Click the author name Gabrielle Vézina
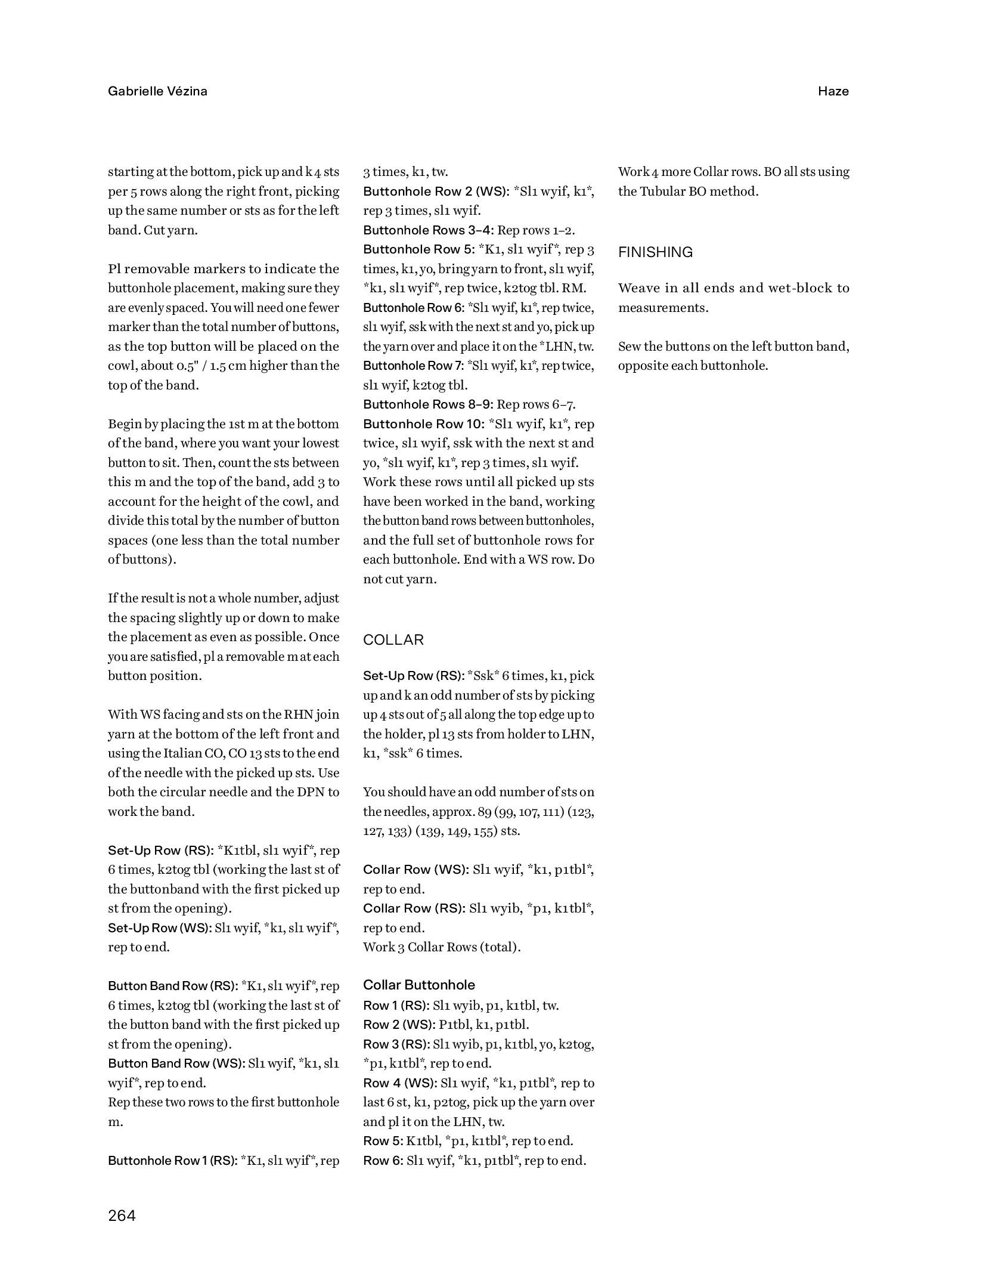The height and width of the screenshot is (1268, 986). tap(157, 91)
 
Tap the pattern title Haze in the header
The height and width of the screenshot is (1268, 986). tap(833, 91)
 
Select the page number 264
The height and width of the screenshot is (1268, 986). tap(122, 1215)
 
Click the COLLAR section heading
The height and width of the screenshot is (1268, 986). tap(393, 640)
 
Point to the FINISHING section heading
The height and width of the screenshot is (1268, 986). tap(655, 252)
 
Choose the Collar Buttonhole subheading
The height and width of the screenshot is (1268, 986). tap(419, 985)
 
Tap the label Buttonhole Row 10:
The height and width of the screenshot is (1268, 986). tap(424, 424)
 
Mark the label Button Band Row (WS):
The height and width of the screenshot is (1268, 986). tap(176, 1063)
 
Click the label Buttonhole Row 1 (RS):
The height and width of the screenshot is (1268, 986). tap(173, 1160)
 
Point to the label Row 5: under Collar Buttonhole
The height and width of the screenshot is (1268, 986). tap(383, 1140)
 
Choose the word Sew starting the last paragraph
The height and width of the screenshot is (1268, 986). tap(630, 347)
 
